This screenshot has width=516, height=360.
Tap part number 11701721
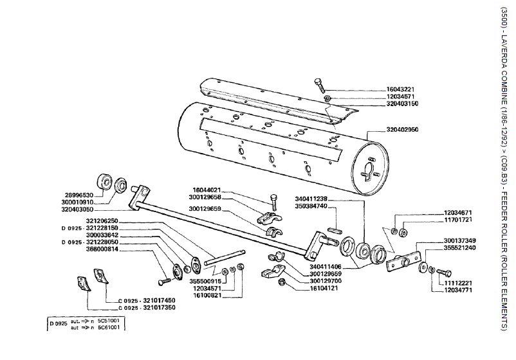(459, 220)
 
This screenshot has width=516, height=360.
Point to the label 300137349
(459, 240)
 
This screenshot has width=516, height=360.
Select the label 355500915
(206, 281)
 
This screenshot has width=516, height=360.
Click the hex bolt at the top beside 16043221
(320, 84)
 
